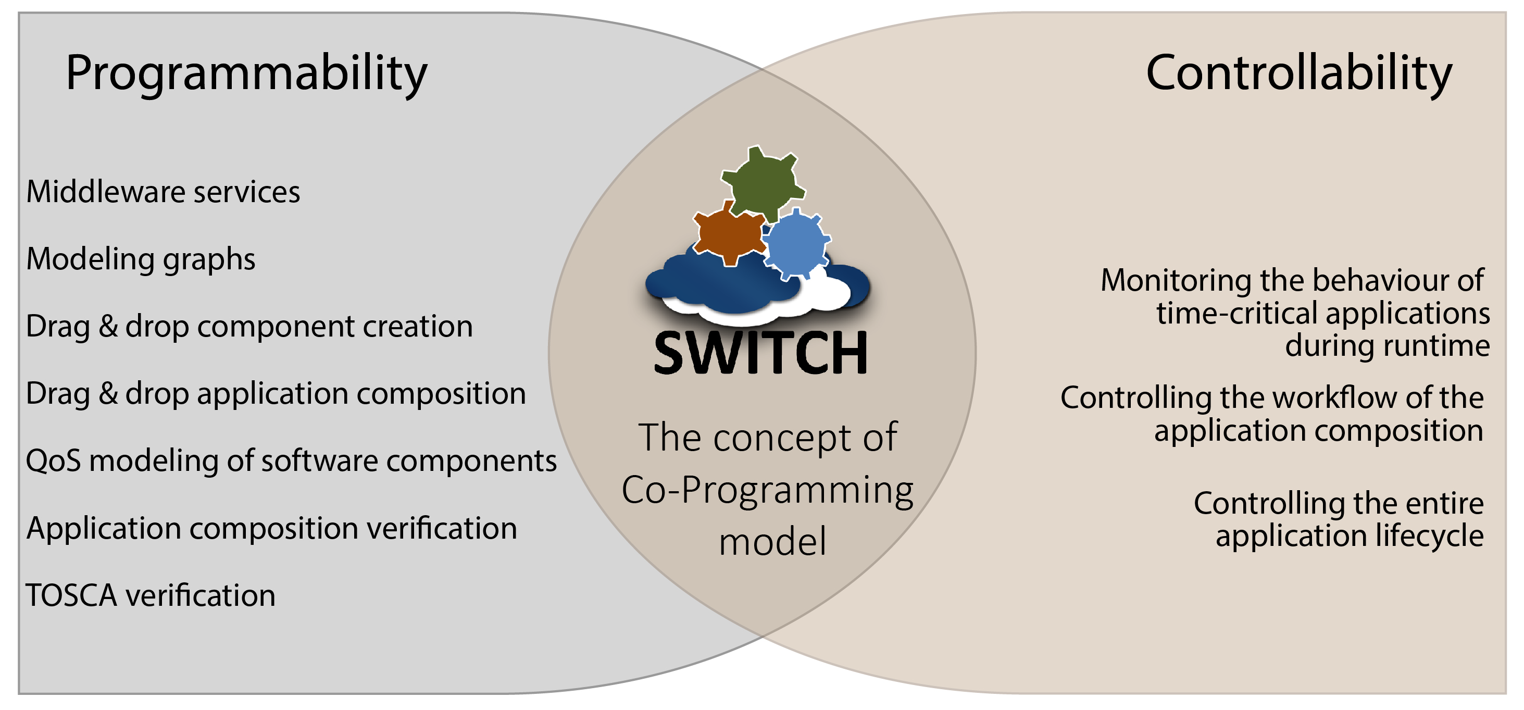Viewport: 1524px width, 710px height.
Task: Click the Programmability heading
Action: coord(246,74)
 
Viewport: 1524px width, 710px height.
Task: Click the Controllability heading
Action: coord(1299,74)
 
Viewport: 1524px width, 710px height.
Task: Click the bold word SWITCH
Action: coord(761,353)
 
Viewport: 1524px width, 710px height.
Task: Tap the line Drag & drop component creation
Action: coord(249,327)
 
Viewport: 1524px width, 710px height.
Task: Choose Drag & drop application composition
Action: coord(276,394)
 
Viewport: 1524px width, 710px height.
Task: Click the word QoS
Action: coord(53,461)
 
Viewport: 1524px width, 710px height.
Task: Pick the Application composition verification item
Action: coord(271,528)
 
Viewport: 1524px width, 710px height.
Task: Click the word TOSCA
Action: coord(71,595)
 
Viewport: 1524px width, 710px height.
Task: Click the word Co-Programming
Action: coord(767,491)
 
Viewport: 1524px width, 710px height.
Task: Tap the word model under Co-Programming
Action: coord(772,541)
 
